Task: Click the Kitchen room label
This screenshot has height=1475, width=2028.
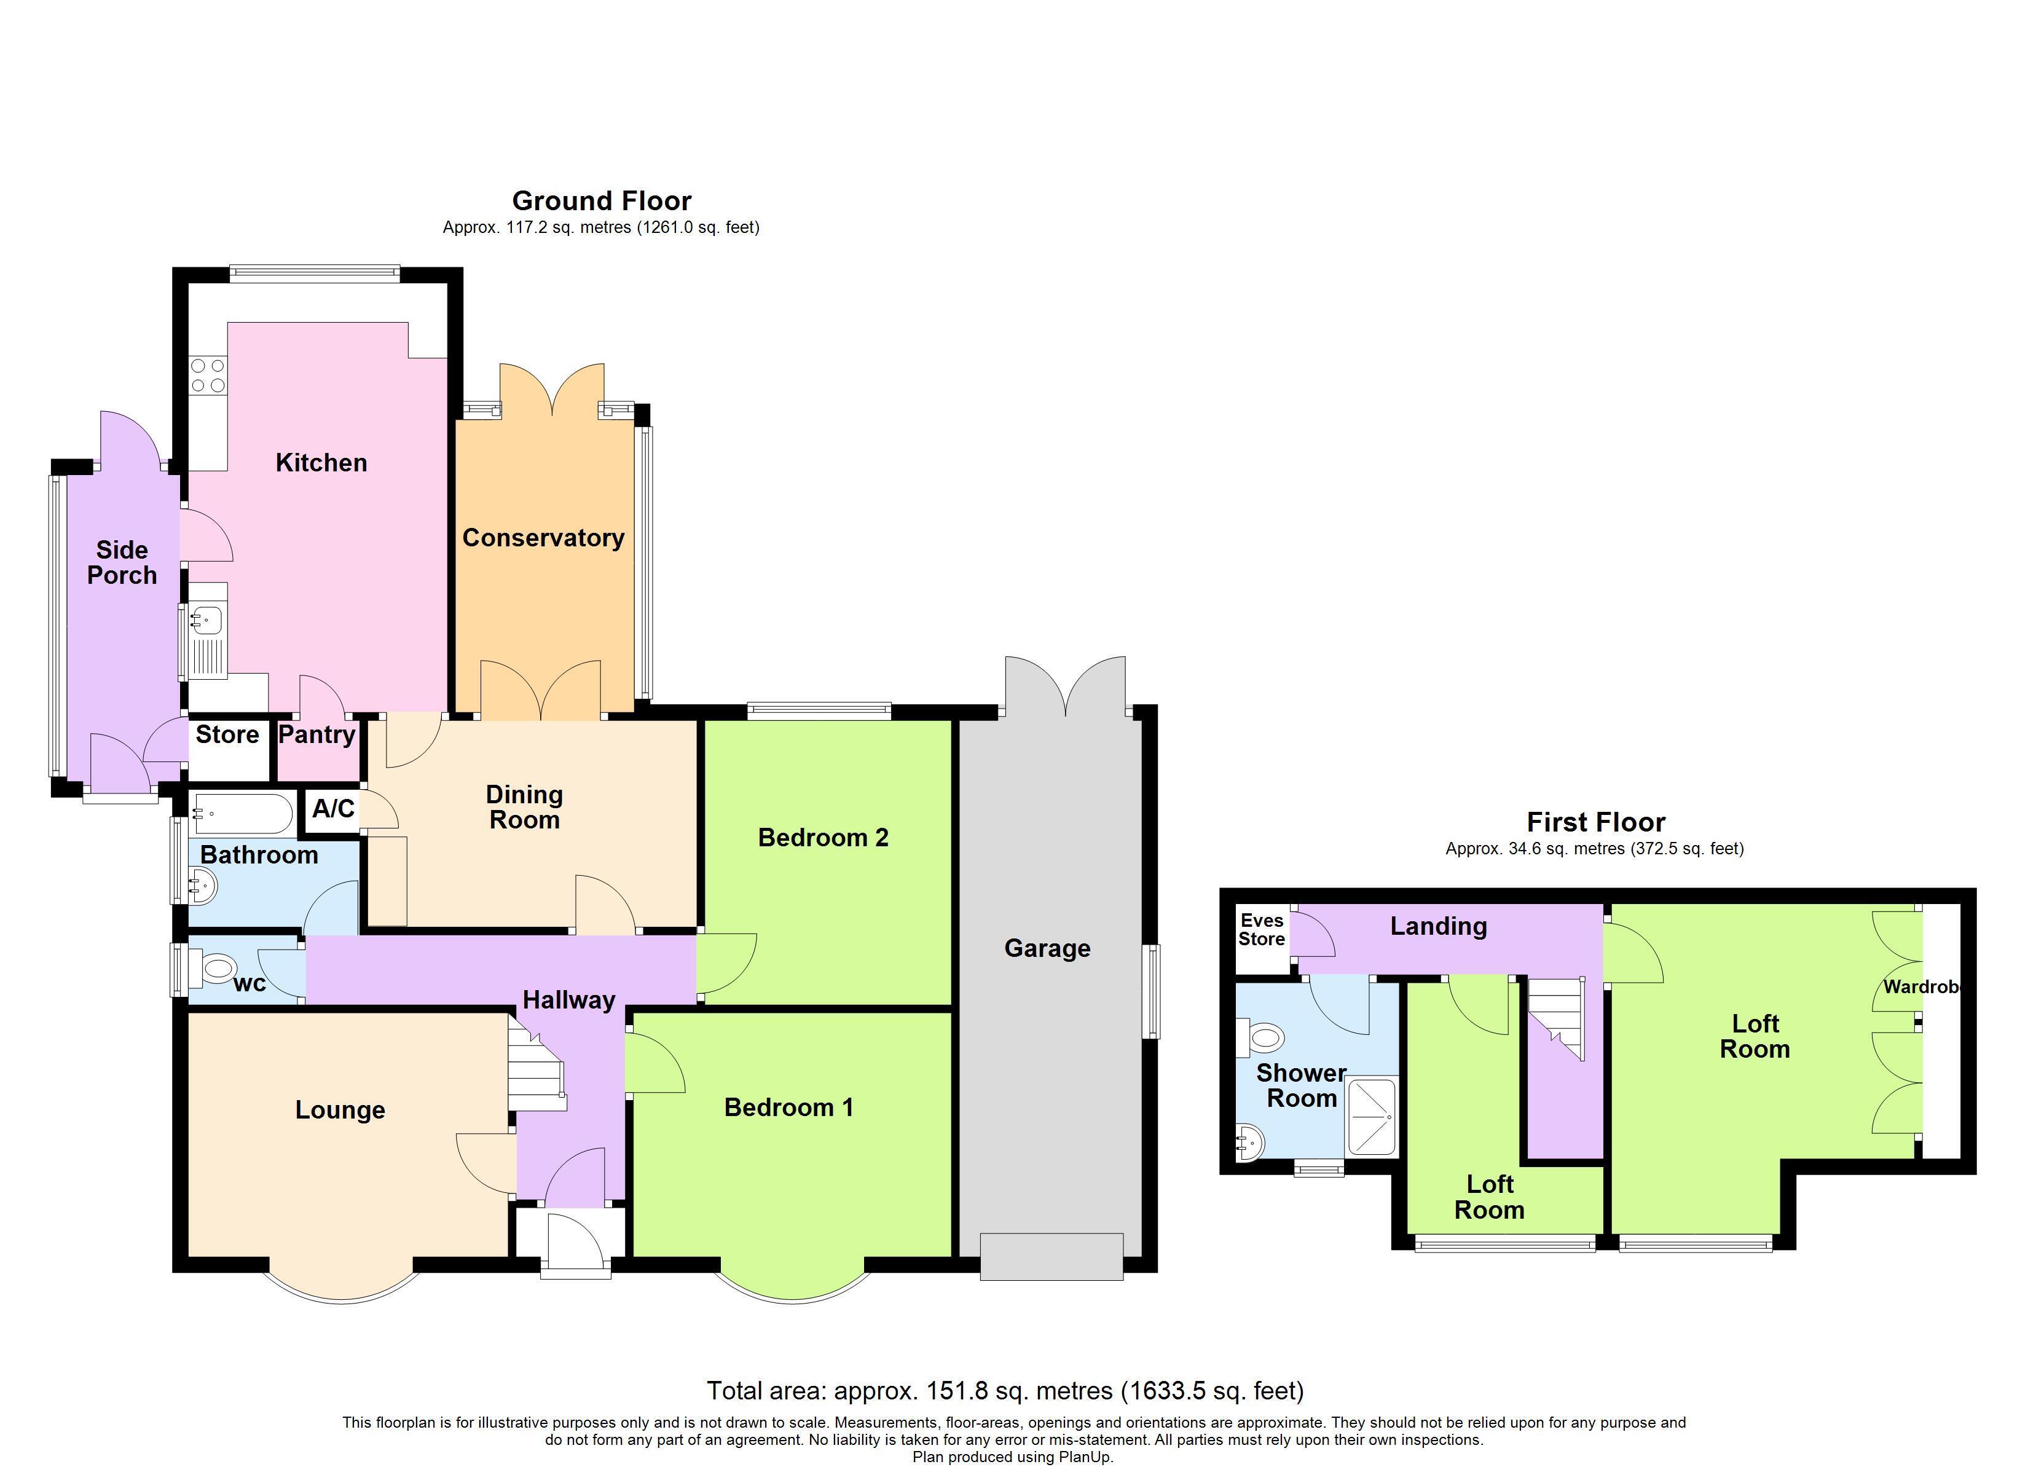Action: point(321,462)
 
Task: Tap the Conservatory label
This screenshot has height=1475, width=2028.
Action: point(543,538)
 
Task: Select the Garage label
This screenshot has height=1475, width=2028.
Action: point(1047,948)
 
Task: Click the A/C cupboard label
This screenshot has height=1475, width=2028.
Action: point(334,809)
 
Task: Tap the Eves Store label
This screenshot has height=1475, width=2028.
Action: point(1262,929)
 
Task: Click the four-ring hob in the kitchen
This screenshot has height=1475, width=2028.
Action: point(208,376)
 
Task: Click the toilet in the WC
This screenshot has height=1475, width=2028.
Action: point(213,967)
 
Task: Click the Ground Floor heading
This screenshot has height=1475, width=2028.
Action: point(602,200)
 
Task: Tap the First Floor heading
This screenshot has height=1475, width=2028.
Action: point(1596,822)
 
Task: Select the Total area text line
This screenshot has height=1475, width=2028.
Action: point(1005,1391)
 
